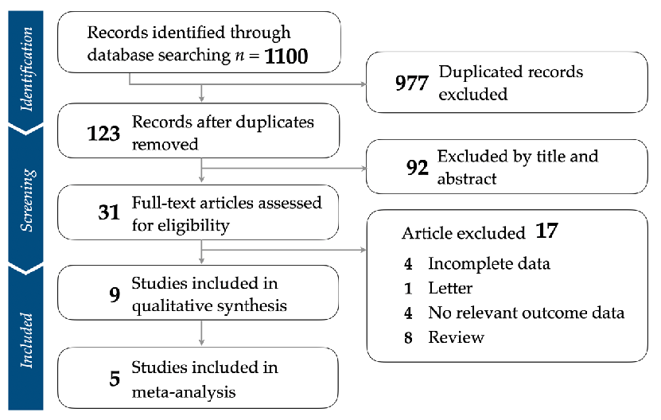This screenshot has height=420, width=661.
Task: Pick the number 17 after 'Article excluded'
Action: [548, 233]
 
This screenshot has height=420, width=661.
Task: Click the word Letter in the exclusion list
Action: [450, 287]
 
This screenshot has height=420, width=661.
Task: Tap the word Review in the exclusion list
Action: [456, 336]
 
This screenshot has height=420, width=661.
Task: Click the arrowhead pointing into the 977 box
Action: [362, 83]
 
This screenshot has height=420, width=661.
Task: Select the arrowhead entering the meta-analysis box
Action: [203, 344]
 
